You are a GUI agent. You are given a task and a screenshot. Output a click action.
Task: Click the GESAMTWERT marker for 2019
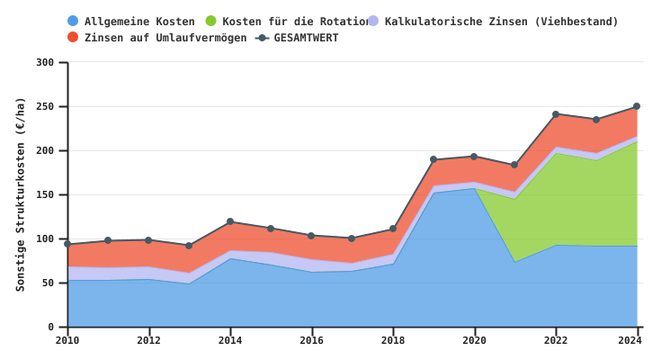click(433, 159)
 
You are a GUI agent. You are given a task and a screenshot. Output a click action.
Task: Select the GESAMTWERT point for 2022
click(556, 114)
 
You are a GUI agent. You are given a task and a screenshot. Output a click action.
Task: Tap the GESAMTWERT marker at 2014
click(230, 221)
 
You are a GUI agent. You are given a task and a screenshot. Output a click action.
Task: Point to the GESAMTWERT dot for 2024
click(637, 106)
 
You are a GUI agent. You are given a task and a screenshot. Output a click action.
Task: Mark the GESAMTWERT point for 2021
click(514, 165)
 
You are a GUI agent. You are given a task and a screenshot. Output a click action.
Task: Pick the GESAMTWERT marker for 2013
click(189, 246)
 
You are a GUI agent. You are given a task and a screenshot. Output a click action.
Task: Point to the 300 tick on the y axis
click(45, 62)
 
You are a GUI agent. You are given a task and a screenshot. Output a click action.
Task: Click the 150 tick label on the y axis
click(45, 194)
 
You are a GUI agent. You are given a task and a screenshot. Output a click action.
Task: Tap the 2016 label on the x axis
click(311, 340)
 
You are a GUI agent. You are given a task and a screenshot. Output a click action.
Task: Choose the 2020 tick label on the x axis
click(474, 340)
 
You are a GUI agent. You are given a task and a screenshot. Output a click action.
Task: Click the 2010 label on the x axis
click(67, 340)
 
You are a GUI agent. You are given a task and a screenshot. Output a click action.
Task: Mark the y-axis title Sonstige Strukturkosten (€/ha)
click(21, 193)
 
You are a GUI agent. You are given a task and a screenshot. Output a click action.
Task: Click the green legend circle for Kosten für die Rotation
click(211, 22)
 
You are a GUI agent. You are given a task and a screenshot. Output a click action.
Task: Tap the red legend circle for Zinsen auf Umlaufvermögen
click(74, 38)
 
